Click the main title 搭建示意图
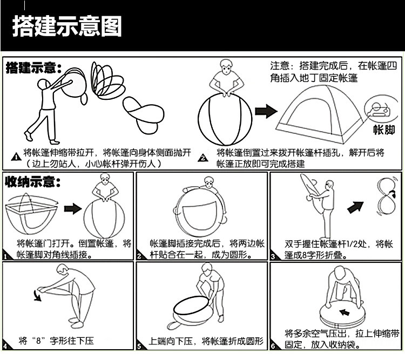67,25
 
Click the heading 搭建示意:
33,69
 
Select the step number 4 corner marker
5,346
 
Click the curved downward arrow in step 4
36,295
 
